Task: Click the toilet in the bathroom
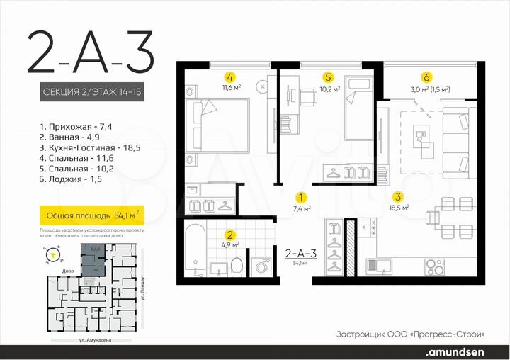pos(238,267)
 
